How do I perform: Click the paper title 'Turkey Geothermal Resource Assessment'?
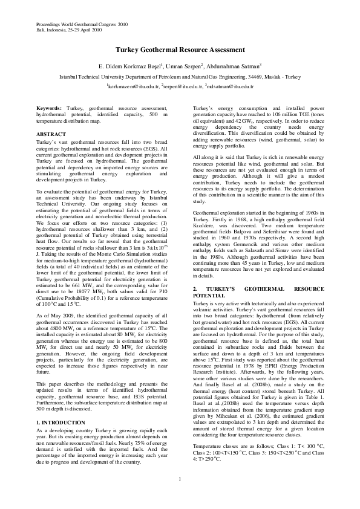[180, 54]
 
